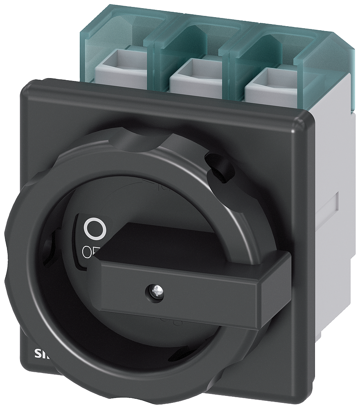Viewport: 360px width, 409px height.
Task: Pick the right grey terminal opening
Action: coord(266,77)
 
